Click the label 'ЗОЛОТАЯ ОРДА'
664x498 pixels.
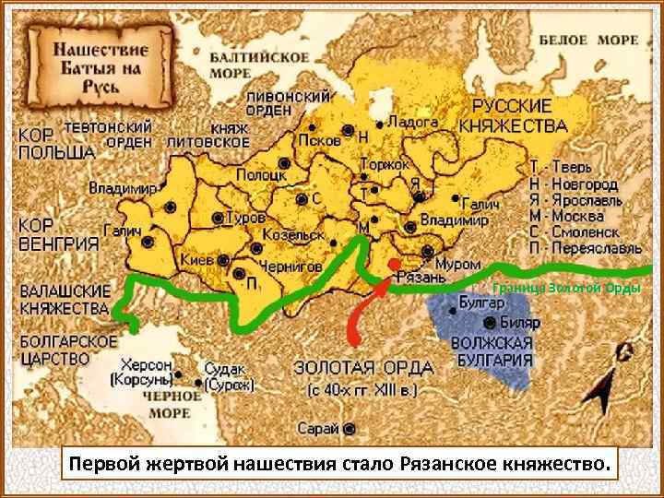[363, 367]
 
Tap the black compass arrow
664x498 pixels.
[606, 392]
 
